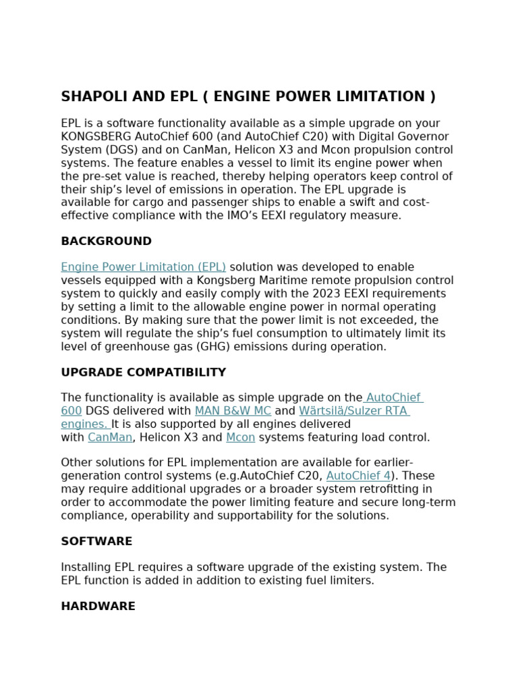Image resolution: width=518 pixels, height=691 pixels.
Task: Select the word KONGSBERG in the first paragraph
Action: click(x=93, y=136)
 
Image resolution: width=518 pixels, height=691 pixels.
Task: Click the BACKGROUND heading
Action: click(x=106, y=241)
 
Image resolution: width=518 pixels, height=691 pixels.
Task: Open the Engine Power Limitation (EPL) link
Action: click(x=143, y=267)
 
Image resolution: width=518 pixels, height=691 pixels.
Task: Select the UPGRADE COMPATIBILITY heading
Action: click(x=143, y=372)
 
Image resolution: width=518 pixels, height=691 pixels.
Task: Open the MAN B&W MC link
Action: click(x=233, y=411)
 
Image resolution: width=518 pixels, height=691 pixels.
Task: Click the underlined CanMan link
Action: click(x=110, y=437)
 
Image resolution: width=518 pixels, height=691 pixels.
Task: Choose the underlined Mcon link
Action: click(x=240, y=437)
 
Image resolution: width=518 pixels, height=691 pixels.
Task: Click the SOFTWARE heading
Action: click(x=96, y=541)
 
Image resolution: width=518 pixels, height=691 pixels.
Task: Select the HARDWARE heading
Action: click(x=98, y=606)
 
